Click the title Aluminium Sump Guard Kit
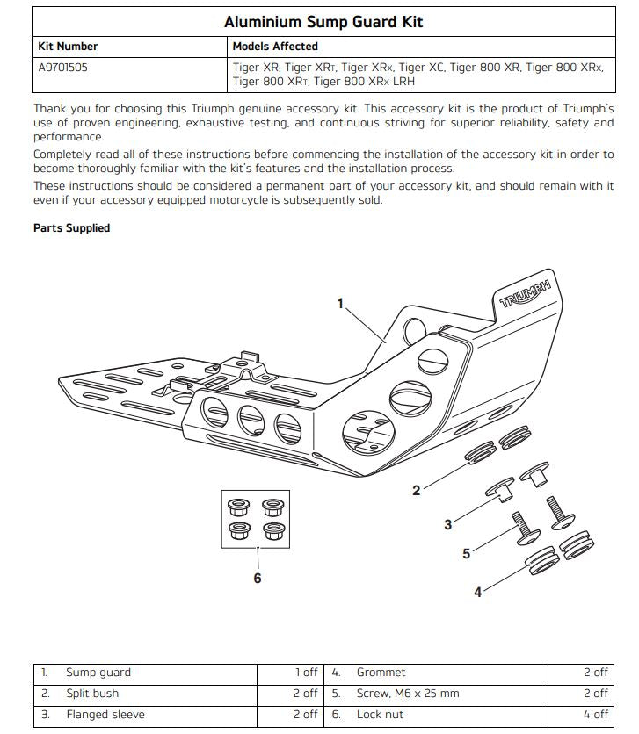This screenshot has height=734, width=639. coord(323,21)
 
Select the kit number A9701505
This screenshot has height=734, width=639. coord(62,66)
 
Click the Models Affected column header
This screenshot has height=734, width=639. coord(275,46)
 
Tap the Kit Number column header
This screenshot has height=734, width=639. coord(68,46)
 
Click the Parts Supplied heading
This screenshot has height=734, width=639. coord(71,228)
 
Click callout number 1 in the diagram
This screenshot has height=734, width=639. coord(341,303)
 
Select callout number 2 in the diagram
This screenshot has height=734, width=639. coord(417,490)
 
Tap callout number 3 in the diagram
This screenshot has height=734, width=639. coord(447,525)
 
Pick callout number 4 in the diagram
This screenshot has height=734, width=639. coord(478,593)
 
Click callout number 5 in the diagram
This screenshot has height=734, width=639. coord(467,553)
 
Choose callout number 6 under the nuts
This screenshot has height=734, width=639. coord(258,579)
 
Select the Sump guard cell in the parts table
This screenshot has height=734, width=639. coord(98,673)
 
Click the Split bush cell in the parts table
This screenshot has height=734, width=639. coord(92,694)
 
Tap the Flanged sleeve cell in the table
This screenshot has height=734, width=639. coord(105,715)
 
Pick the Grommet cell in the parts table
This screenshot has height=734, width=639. coord(381,673)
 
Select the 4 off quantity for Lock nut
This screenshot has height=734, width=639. coord(594,715)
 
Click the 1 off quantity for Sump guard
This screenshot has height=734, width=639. coord(306,673)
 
